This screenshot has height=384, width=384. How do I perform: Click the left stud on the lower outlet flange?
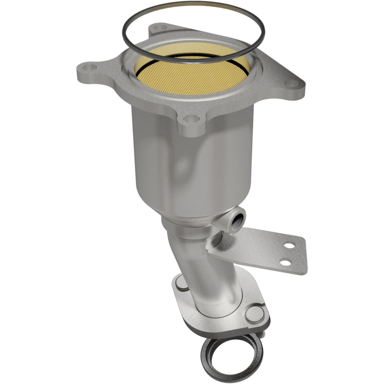click(182, 284)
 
